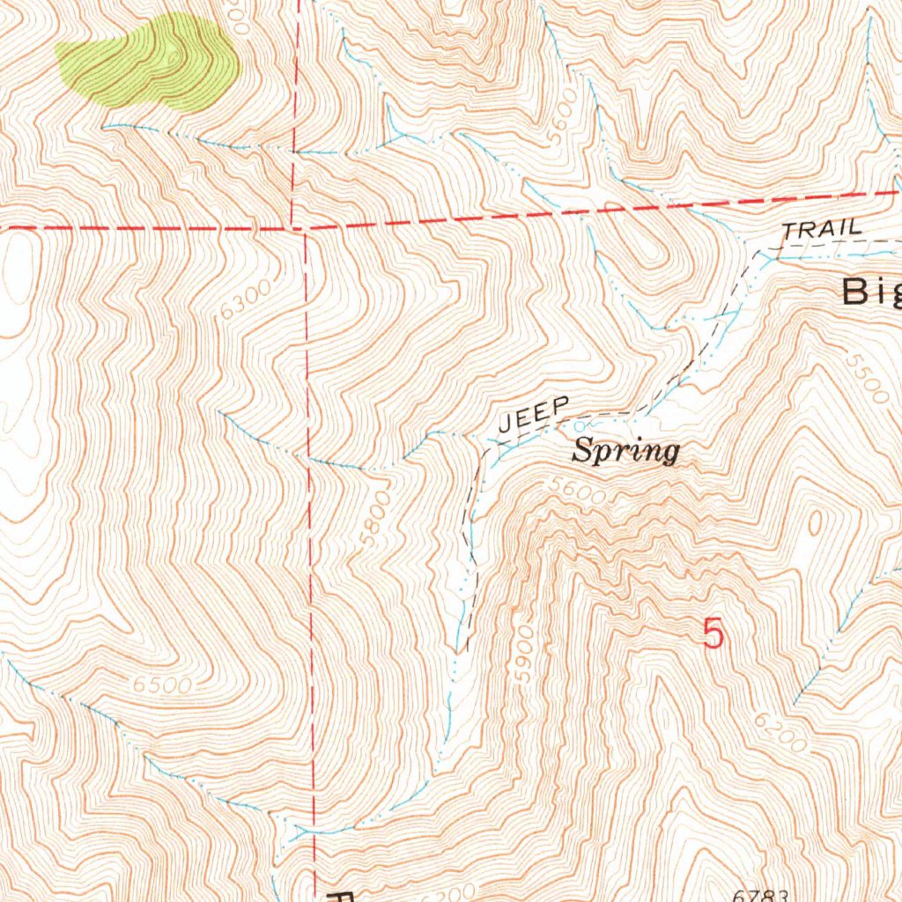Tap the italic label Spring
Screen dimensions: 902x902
click(625, 452)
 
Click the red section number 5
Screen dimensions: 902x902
click(714, 634)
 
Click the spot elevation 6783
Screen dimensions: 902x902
click(758, 895)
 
